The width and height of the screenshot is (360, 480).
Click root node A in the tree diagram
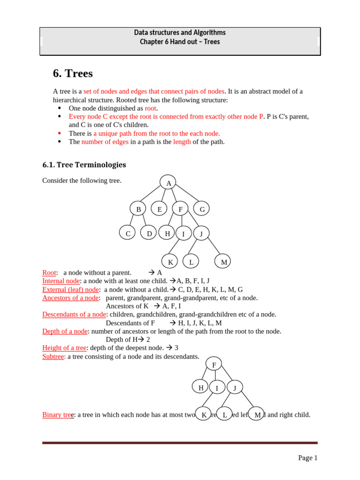point(168,183)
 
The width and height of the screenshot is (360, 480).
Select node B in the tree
point(138,209)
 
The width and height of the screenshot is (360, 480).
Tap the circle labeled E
point(159,209)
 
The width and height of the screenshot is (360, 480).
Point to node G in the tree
point(202,209)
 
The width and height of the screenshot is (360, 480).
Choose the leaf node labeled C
point(127,233)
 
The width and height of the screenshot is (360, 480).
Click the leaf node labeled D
point(149,233)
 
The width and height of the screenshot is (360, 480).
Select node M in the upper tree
point(224,262)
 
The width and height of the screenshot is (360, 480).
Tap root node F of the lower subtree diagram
point(214,364)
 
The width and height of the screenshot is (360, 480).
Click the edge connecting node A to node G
point(187,193)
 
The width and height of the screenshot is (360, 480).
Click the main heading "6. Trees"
point(73,74)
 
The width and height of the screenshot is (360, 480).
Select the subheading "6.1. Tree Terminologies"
point(84,165)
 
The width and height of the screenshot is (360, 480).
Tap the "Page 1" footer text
point(308,458)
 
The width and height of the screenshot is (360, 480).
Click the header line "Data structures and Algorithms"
point(180,32)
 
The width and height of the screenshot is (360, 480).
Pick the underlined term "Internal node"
point(61,281)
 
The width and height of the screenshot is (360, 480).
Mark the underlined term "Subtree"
point(53,356)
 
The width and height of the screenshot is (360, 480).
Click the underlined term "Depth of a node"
point(65,331)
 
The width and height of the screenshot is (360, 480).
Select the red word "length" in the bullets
point(182,142)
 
